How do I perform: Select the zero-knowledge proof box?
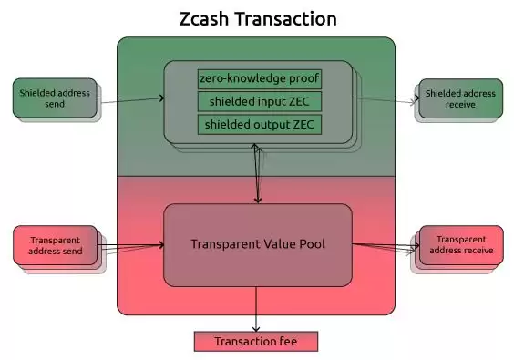click(x=259, y=78)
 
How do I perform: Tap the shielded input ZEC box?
click(x=259, y=100)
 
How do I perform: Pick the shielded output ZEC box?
click(x=259, y=123)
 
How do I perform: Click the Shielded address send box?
click(x=55, y=99)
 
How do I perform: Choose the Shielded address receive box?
click(x=460, y=98)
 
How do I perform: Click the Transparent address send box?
click(x=55, y=245)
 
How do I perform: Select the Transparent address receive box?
click(x=460, y=244)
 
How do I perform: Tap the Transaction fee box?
click(x=255, y=342)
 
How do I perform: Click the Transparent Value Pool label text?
click(x=257, y=244)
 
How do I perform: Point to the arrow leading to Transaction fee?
click(x=256, y=310)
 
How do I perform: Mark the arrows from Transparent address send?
click(x=130, y=245)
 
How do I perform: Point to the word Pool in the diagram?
click(x=310, y=244)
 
